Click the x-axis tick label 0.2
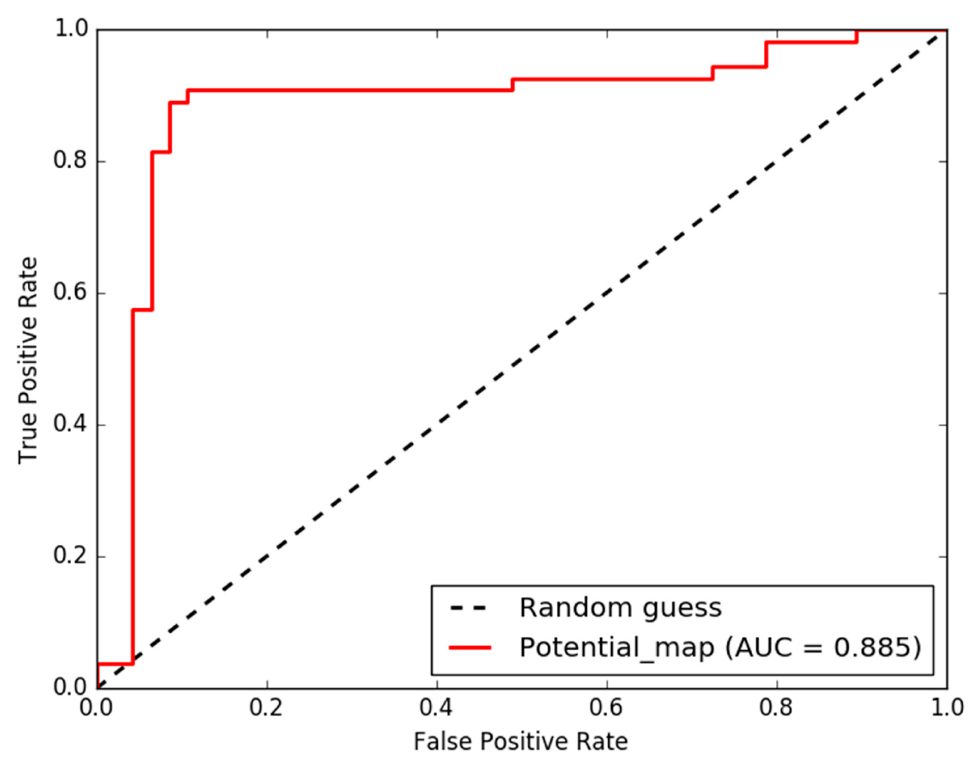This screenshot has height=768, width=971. (266, 708)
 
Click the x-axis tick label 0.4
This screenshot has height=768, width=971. (436, 708)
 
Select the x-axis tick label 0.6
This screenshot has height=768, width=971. (606, 708)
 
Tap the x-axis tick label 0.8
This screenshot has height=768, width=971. (776, 708)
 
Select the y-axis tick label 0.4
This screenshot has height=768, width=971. (70, 424)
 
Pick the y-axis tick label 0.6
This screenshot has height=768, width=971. (70, 293)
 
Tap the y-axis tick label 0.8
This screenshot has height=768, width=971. (70, 161)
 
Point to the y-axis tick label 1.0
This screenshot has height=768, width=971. (70, 30)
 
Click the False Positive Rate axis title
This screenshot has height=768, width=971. (520, 742)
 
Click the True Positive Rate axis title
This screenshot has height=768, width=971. (28, 360)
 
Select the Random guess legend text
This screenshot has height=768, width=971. (620, 608)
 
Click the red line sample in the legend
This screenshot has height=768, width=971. (470, 647)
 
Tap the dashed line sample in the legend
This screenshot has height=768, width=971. (470, 608)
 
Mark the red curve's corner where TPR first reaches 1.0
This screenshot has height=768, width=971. (857, 31)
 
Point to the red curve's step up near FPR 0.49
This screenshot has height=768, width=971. (512, 85)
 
